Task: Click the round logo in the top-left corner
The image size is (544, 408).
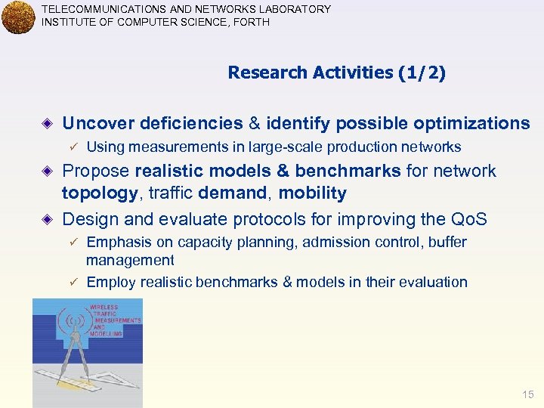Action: coord(18,17)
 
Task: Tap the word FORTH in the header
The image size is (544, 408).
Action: coord(253,22)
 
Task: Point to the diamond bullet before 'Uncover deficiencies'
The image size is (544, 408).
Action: coord(48,123)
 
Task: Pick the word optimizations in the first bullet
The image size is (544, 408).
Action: coord(478,123)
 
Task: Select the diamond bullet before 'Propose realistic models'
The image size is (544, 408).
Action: coord(48,171)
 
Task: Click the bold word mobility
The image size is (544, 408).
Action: coord(312,193)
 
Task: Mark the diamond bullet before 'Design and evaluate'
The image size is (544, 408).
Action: coord(48,219)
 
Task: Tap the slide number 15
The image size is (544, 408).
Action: coord(527,395)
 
